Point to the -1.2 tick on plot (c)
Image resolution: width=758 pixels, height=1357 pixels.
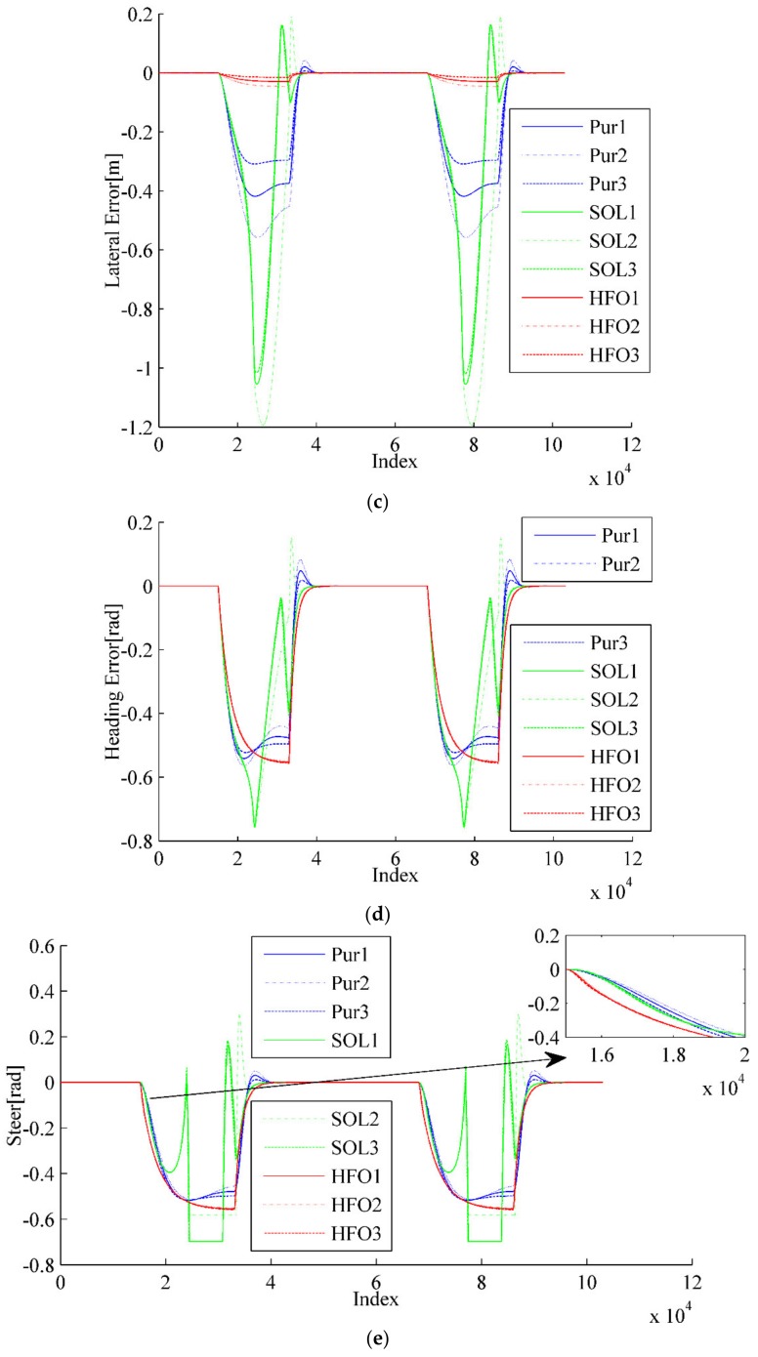[x=136, y=427]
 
